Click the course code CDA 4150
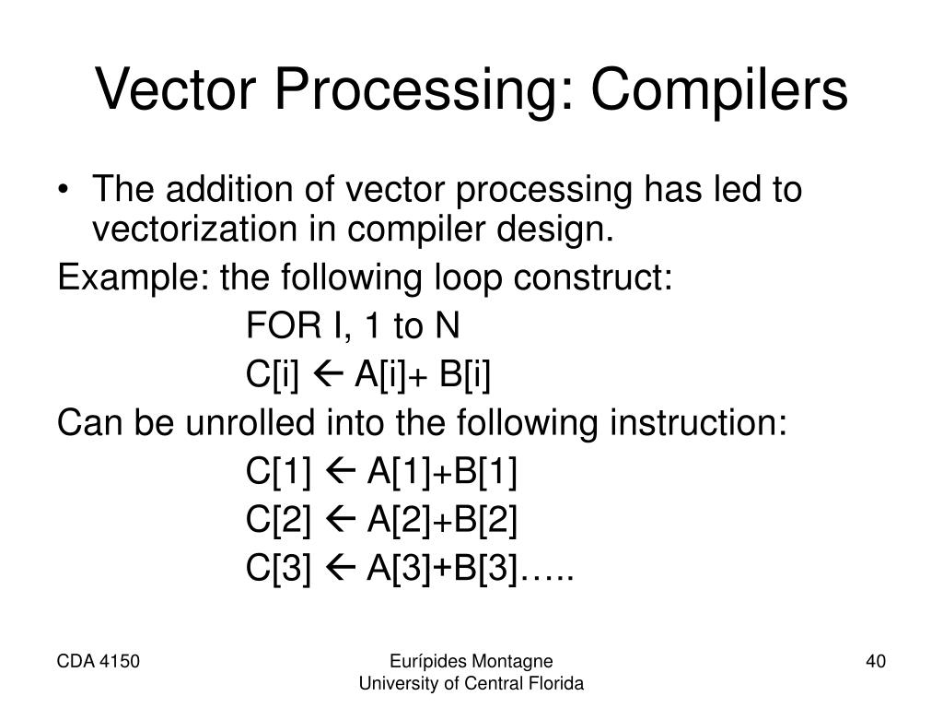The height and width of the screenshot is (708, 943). (x=99, y=660)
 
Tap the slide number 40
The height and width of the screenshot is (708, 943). (x=875, y=660)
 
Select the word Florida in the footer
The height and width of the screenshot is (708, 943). (x=557, y=683)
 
